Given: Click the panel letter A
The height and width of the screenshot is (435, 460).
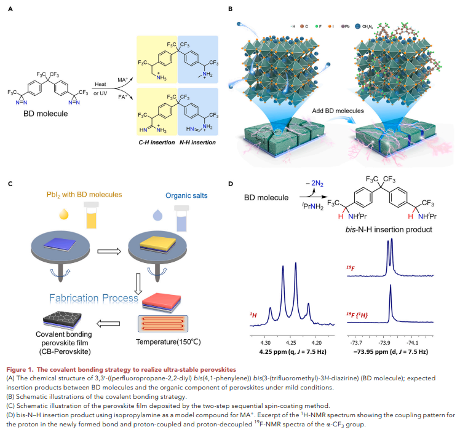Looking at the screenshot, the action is (x=10, y=9).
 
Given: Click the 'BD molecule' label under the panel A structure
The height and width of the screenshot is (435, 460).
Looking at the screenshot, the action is (x=46, y=114).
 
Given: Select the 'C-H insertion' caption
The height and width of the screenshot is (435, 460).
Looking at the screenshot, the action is (x=157, y=143).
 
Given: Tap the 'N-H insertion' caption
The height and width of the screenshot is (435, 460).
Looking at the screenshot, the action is (x=197, y=143).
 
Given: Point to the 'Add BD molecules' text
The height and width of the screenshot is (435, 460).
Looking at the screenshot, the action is (x=338, y=111).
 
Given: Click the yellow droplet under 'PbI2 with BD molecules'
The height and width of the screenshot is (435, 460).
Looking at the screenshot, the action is (x=64, y=214).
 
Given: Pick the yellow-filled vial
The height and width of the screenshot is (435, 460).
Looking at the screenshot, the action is (x=91, y=216).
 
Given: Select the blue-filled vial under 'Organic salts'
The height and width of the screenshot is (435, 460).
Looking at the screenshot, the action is (x=181, y=218).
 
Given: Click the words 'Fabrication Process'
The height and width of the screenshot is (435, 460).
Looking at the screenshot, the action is (x=93, y=298).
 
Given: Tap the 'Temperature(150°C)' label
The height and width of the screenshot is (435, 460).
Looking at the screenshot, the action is (x=168, y=342).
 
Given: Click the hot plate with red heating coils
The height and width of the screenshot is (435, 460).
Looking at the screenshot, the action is (x=163, y=324).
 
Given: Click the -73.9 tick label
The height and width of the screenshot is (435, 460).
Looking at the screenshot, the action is (x=384, y=343).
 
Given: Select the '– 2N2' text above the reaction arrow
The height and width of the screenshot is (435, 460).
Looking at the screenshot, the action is (x=314, y=184).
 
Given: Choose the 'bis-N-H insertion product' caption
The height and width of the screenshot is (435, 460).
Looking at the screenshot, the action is (x=389, y=230).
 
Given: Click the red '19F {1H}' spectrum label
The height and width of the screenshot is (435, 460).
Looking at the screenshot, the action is (x=357, y=315).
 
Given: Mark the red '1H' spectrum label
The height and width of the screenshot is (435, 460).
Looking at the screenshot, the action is (x=253, y=315).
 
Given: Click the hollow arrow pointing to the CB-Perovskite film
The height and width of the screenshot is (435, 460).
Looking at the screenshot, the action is (x=108, y=324).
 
